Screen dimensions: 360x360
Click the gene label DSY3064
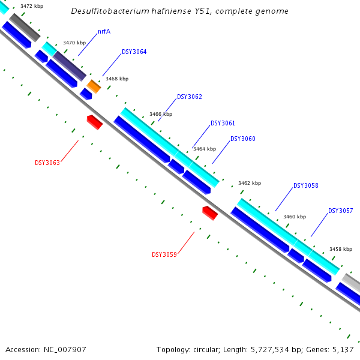pos(134,52)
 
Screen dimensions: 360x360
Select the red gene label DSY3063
pos(47,163)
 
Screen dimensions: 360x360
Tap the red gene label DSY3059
pos(164,254)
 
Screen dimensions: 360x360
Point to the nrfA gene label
pos(104,31)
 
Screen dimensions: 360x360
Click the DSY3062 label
pos(189,97)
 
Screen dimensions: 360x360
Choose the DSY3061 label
pos(223,123)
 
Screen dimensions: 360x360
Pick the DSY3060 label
pos(242,139)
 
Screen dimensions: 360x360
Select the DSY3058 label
pos(305,185)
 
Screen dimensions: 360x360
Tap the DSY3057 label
pos(340,211)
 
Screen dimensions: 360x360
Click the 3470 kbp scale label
pos(74,43)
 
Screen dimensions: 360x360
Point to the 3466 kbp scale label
pos(161,114)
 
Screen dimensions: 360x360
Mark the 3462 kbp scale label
pos(250,183)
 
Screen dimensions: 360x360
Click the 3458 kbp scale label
pos(341,248)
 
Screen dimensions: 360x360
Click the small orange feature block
pos(94,86)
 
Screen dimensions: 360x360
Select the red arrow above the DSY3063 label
pos(95,122)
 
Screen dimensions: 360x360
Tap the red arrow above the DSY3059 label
pos(210,213)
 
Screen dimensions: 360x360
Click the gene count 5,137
pos(342,349)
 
